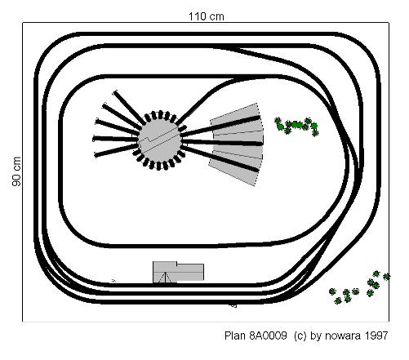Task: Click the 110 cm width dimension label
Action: pos(207,16)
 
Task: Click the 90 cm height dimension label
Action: pos(16,171)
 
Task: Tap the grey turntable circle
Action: pos(160,140)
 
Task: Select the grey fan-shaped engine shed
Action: pos(236,144)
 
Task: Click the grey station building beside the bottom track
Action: pos(178,272)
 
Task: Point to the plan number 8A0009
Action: pos(268,336)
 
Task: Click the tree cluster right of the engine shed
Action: pos(297,127)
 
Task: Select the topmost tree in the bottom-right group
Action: pos(376,273)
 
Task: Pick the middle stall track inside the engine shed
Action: pos(223,142)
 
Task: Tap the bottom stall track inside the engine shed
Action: pos(220,158)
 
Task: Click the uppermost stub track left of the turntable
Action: pos(129,107)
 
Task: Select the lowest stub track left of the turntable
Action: pos(116,150)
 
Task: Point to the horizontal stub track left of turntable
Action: pos(115,139)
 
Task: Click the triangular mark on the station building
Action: pos(165,278)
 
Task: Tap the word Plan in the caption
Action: pos(235,336)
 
